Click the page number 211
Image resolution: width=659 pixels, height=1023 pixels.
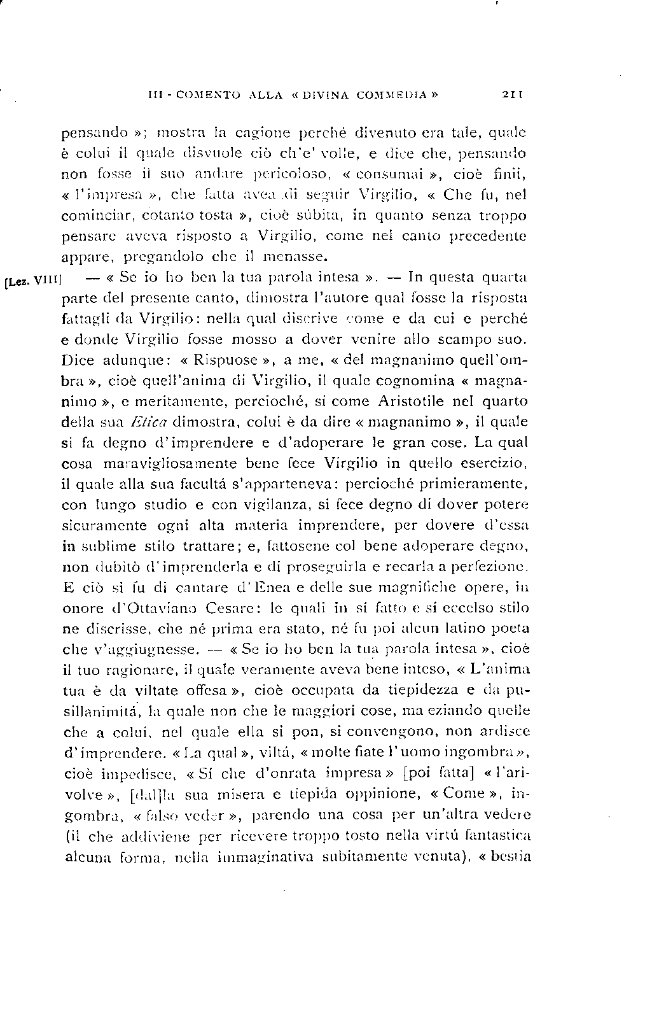[x=511, y=95]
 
